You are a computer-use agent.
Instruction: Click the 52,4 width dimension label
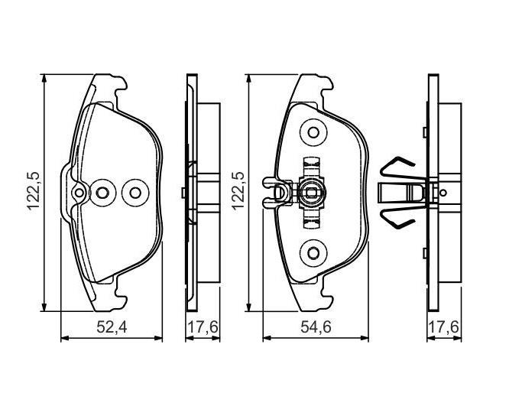tap(112, 326)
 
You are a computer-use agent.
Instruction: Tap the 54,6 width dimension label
tap(316, 326)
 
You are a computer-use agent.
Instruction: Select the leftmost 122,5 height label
tap(34, 191)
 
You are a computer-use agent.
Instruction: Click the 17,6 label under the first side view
tap(203, 326)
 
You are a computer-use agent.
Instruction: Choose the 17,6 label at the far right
tap(444, 326)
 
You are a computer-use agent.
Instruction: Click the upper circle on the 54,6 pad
tap(313, 132)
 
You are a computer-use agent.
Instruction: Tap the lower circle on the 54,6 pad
tap(313, 253)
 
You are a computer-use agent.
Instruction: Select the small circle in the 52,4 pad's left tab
tap(79, 193)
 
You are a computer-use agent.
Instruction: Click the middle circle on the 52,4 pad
tap(102, 193)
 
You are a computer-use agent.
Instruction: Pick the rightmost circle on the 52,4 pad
tap(135, 193)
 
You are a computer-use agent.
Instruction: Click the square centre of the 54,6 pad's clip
tap(311, 193)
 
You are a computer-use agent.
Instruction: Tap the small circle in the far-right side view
tap(443, 193)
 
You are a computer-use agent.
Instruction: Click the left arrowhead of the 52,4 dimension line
tap(64, 338)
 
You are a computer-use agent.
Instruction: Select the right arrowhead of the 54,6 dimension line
tap(365, 338)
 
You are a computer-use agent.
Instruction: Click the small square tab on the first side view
tap(183, 193)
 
